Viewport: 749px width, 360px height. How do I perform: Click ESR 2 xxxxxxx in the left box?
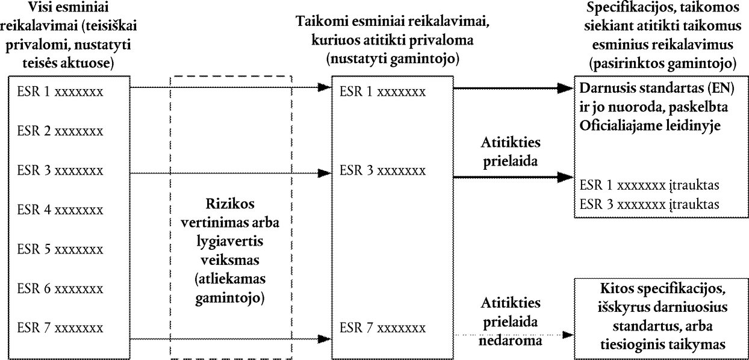click(60, 131)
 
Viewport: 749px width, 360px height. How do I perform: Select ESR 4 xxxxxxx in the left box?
click(60, 210)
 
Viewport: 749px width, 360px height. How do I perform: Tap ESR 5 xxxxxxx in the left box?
click(60, 249)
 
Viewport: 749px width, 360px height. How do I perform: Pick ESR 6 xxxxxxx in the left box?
click(60, 288)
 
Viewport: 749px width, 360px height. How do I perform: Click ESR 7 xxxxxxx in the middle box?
click(382, 328)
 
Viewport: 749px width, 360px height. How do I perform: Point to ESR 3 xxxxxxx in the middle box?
click(382, 170)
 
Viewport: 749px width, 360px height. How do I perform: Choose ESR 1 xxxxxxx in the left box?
click(60, 92)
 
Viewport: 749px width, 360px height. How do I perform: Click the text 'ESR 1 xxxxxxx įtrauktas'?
click(650, 185)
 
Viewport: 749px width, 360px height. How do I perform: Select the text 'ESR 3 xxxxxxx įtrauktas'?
click(650, 204)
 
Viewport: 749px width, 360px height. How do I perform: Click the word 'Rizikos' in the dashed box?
click(230, 203)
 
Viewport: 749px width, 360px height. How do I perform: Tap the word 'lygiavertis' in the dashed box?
click(230, 241)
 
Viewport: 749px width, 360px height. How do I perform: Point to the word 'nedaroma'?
click(511, 341)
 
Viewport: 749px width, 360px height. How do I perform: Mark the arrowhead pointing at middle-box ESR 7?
click(325, 339)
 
